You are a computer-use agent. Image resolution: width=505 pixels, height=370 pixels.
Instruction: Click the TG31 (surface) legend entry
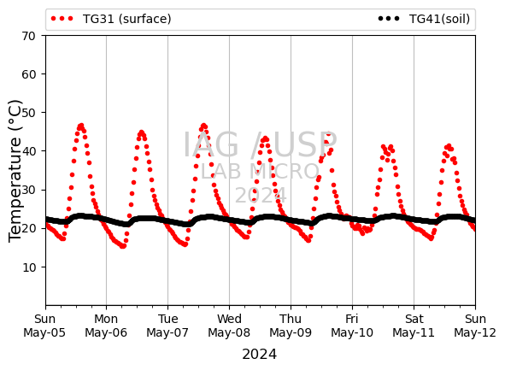tap(111, 19)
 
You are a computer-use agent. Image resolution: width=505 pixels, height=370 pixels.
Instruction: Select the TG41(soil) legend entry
tap(424, 19)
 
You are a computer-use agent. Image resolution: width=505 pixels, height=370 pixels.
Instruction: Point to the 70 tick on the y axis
tap(28, 36)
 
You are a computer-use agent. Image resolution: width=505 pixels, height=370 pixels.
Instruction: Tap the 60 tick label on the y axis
tap(28, 74)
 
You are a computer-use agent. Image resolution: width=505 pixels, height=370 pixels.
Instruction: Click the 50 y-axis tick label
tap(28, 113)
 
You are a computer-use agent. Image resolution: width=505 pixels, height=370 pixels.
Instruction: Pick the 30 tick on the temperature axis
tap(28, 190)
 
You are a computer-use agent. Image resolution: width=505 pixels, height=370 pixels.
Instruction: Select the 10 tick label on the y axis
tap(28, 267)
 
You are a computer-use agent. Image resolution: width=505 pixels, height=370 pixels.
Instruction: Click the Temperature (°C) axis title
tap(15, 171)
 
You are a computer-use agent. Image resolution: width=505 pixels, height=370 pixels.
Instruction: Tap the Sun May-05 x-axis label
tap(44, 326)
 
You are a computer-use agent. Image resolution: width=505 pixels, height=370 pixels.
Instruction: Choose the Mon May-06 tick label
tap(106, 326)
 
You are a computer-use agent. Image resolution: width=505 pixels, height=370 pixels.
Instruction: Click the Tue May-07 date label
tap(167, 326)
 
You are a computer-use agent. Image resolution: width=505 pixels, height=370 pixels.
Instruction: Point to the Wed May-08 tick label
tap(229, 326)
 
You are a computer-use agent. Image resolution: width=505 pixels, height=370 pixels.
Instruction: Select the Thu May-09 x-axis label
tap(291, 326)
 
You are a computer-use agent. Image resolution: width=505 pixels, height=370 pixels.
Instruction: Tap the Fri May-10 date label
tap(352, 326)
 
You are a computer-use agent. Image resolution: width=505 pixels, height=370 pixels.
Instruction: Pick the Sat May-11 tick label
tap(414, 326)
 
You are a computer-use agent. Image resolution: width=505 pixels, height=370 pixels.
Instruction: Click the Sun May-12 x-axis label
tap(475, 326)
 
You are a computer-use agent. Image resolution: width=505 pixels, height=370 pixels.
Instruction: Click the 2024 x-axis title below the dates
tap(259, 355)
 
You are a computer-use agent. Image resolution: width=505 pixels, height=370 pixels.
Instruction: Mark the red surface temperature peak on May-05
tap(81, 126)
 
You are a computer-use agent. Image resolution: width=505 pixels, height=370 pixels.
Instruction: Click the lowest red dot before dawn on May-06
tap(123, 246)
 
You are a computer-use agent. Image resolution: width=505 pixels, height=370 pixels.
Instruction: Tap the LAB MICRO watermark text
tap(260, 171)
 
